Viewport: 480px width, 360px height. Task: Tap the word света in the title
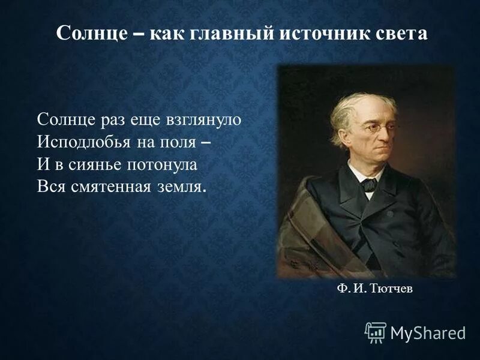403,33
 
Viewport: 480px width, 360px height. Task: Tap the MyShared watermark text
428,332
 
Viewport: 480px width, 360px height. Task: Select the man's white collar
359,175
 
